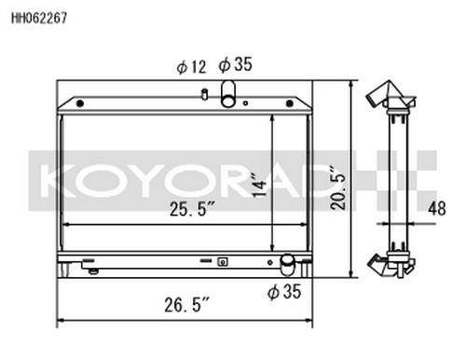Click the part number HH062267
(x=39, y=18)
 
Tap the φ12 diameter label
(x=191, y=67)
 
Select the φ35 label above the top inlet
(x=235, y=64)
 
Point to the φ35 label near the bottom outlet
(x=284, y=292)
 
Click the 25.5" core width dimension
(x=192, y=209)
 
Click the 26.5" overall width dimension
(x=187, y=305)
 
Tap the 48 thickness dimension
(x=437, y=208)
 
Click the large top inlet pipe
(x=228, y=93)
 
